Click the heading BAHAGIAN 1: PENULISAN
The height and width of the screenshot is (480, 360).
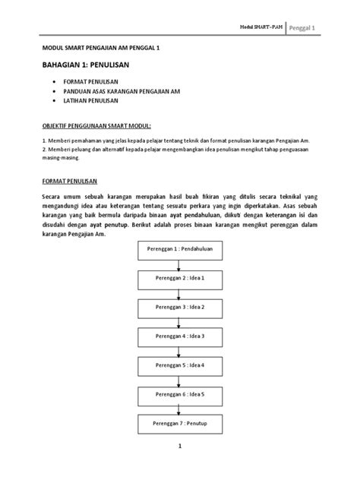pyautogui.click(x=85, y=66)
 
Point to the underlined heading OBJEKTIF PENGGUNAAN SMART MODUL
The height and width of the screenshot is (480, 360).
pyautogui.click(x=96, y=124)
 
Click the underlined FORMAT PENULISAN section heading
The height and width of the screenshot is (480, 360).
pyautogui.click(x=71, y=182)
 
